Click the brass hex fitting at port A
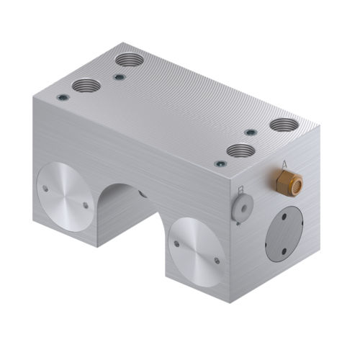click(x=289, y=183)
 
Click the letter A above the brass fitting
click(x=285, y=165)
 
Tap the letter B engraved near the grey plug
click(x=240, y=190)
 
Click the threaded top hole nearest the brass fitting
click(x=284, y=125)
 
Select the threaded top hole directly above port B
click(x=240, y=151)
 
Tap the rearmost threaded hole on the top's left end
click(x=130, y=59)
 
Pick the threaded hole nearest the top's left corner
click(x=86, y=85)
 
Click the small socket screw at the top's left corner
click(x=63, y=98)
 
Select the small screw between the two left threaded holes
click(x=120, y=76)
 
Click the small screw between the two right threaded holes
click(x=250, y=132)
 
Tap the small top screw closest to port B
click(x=220, y=163)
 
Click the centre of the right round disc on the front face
click(x=196, y=251)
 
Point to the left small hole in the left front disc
click(x=45, y=189)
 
